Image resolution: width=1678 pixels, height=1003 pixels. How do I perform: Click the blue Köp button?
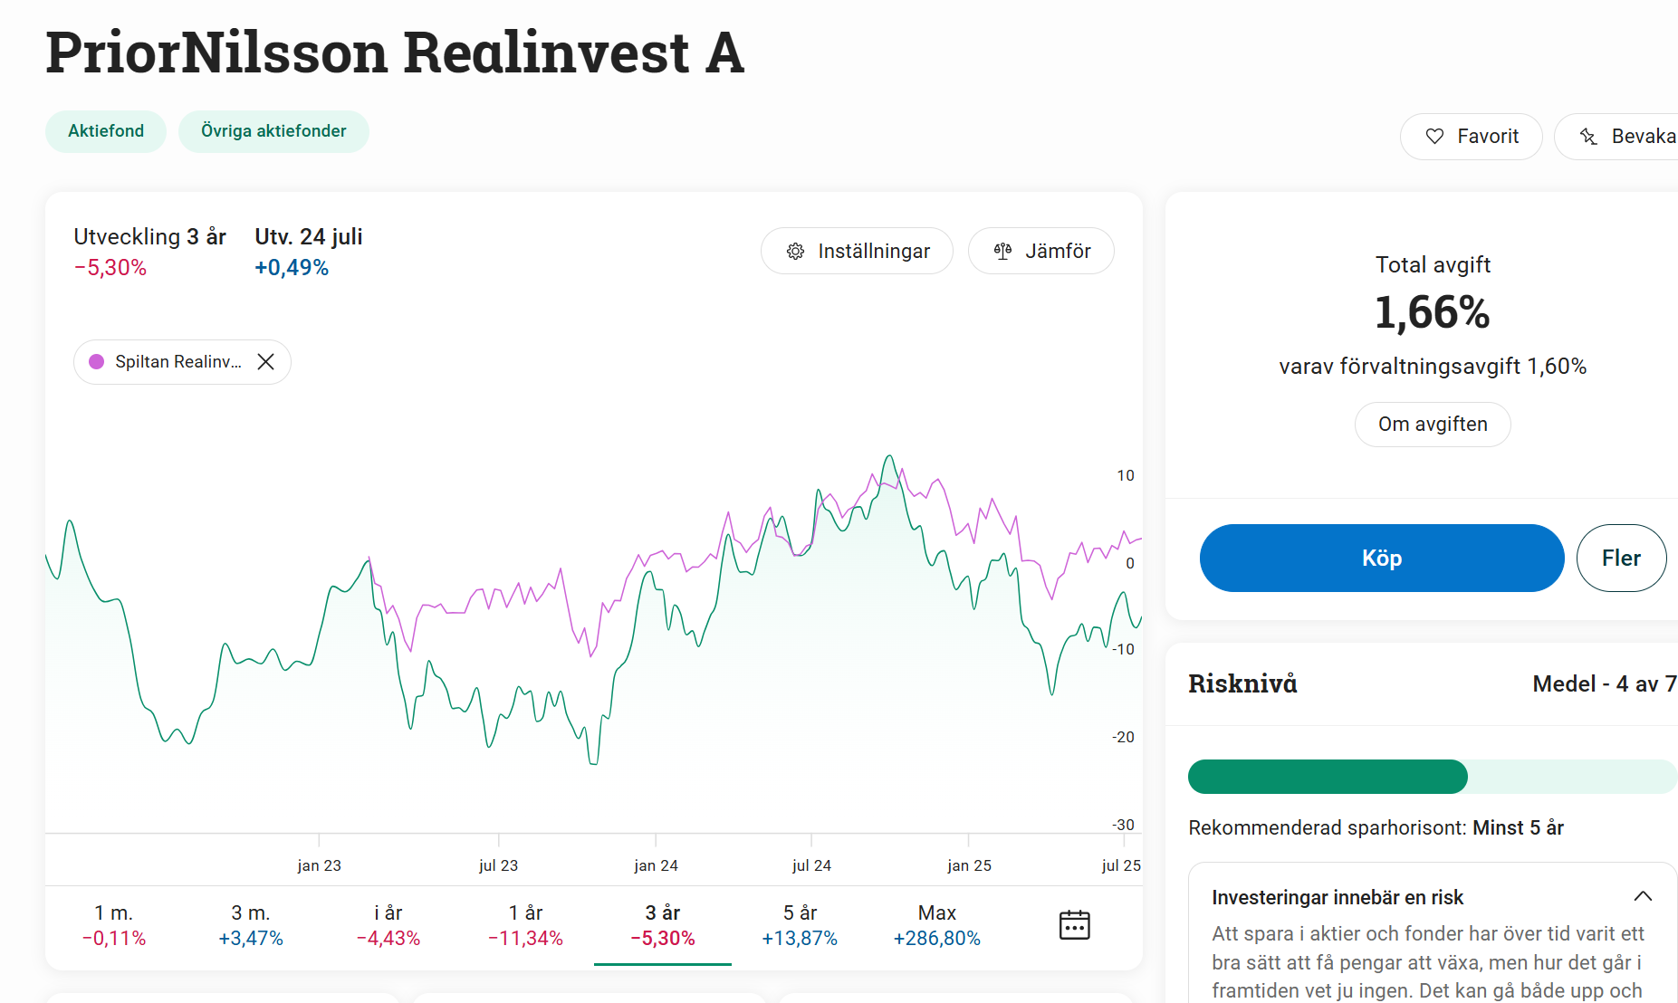[x=1381, y=558]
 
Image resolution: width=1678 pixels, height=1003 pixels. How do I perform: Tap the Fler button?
[x=1620, y=558]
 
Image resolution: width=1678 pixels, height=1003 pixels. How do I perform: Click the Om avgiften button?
[x=1432, y=425]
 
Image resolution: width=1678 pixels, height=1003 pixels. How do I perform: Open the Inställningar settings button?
[x=857, y=251]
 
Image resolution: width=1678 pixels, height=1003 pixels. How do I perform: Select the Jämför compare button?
[x=1040, y=251]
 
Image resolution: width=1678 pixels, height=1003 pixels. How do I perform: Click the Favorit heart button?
[x=1471, y=137]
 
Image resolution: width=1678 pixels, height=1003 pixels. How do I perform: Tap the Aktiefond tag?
[x=106, y=131]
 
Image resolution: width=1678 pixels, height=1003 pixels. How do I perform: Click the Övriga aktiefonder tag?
[x=273, y=131]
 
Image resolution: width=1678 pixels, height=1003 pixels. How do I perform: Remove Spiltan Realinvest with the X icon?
[x=265, y=362]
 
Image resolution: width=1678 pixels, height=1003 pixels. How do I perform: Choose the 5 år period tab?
[x=800, y=925]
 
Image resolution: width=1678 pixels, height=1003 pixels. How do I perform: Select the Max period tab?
[x=936, y=925]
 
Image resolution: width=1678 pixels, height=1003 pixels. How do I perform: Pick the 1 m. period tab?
[x=114, y=925]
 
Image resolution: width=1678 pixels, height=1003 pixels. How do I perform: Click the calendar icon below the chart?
[x=1074, y=925]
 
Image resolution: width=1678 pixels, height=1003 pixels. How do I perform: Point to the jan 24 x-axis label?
[x=656, y=865]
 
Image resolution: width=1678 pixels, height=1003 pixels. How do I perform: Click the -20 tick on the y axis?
[x=1123, y=737]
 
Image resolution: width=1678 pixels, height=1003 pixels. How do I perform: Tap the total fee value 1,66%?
[x=1432, y=312]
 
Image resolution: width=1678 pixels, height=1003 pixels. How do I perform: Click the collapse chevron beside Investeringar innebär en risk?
[x=1643, y=896]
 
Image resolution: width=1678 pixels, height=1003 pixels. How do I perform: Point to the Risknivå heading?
[x=1242, y=683]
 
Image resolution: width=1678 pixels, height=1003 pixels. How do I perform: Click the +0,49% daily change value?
[x=292, y=268]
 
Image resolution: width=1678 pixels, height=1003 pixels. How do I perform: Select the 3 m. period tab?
[x=251, y=925]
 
